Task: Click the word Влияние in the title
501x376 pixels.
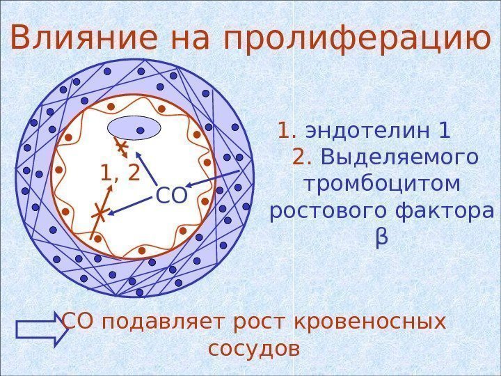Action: pos(84,40)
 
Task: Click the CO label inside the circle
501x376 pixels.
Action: pos(172,196)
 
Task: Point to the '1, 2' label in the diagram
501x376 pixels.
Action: pos(120,172)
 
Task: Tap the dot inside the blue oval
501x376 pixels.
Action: pos(140,130)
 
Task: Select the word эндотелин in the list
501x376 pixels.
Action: pos(368,131)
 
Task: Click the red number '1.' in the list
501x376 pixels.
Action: pos(288,131)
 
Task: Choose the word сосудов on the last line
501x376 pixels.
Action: pos(254,347)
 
